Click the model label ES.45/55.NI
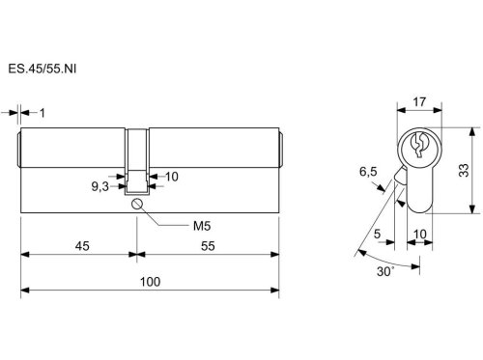[43, 69]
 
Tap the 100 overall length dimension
[150, 282]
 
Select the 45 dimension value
[82, 246]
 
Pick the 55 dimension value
[208, 246]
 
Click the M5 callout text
[202, 226]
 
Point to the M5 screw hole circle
[136, 204]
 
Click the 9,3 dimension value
[100, 186]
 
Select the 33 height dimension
[464, 170]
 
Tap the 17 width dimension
[419, 102]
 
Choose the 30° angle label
[385, 271]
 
